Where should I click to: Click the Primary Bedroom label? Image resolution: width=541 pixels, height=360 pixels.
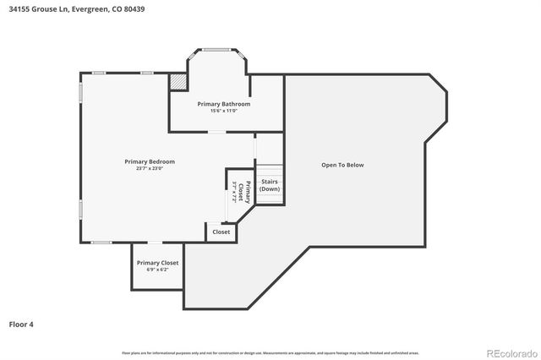pos(150,161)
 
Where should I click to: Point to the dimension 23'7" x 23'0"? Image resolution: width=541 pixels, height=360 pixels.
pos(150,168)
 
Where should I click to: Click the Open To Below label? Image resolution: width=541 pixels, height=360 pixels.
pos(342,165)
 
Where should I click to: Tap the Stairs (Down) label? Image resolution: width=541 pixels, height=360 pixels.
pos(270,185)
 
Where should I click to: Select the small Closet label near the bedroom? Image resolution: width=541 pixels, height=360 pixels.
pos(221,232)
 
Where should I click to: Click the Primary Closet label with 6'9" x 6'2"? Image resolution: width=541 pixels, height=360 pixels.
pos(157,263)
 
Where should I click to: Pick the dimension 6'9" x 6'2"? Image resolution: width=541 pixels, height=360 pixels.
pos(157,270)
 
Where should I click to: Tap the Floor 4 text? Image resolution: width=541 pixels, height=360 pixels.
pos(21,324)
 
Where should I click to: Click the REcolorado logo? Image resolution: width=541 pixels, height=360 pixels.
pos(511,352)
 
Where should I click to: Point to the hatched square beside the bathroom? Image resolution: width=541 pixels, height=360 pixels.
pos(178,81)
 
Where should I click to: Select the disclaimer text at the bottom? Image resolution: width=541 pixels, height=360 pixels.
pos(270,352)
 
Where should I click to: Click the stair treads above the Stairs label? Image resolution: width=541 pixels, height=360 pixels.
pos(270,169)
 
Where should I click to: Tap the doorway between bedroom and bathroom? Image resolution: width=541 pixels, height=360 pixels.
pos(217,132)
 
